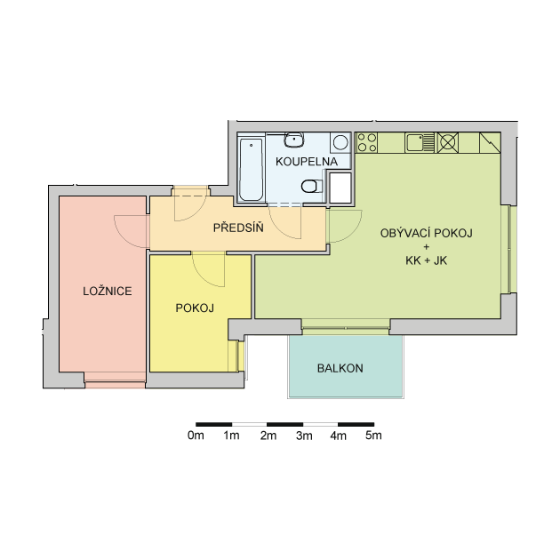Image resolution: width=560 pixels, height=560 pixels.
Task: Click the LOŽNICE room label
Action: coord(108,291)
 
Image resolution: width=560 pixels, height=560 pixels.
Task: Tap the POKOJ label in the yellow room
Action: coord(195,308)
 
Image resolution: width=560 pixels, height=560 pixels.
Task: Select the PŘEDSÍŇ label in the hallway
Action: coord(238,228)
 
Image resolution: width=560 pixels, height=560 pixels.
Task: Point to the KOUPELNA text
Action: coord(307,162)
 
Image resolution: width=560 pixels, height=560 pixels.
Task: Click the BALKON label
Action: coord(340,368)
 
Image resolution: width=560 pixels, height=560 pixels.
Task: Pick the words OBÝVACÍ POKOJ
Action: coord(426,233)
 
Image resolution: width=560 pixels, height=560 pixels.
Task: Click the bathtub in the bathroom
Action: coord(251,170)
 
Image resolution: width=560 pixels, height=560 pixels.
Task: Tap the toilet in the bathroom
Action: coord(312,186)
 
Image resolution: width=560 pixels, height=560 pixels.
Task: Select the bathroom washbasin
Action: coord(294,140)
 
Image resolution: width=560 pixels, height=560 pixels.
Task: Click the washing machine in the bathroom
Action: coord(340,142)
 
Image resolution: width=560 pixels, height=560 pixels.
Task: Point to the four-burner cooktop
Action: coord(367,142)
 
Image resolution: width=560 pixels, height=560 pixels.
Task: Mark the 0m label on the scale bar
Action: coord(196,436)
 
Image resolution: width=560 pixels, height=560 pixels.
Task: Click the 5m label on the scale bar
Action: coord(373,436)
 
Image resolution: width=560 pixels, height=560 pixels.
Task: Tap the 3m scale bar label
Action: coord(304,436)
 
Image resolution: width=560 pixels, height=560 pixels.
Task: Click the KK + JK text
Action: coord(426,260)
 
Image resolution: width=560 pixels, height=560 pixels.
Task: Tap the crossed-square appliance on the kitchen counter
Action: coord(448,142)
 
